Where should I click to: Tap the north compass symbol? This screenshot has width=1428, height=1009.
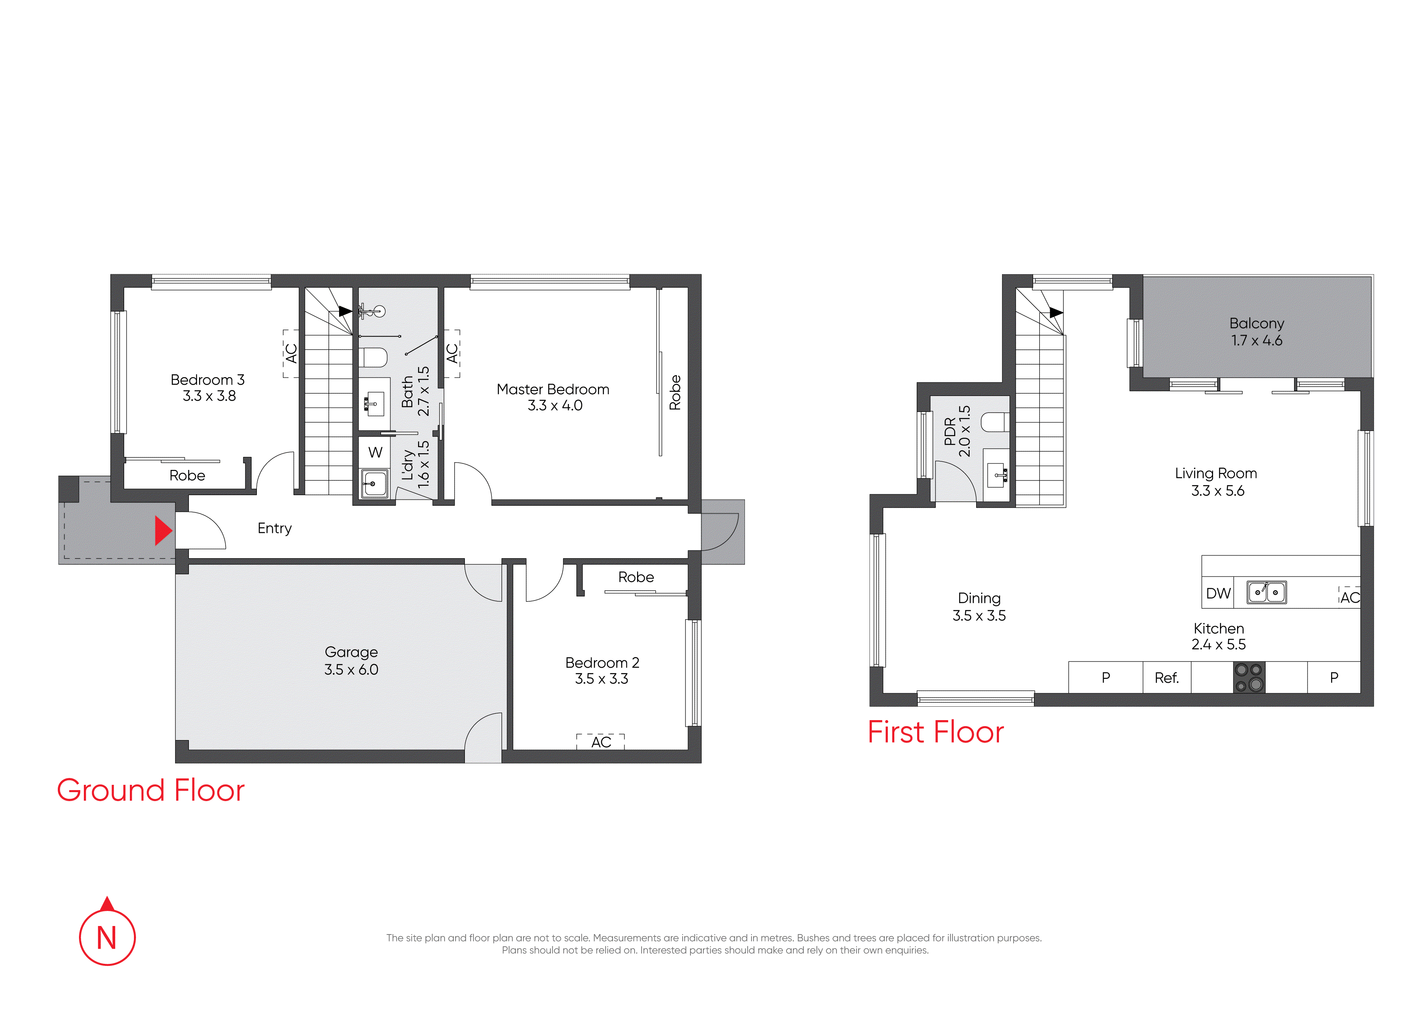(x=107, y=932)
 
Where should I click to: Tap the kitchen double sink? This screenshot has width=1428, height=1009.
(x=1267, y=592)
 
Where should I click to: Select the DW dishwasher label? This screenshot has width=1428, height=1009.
(x=1218, y=594)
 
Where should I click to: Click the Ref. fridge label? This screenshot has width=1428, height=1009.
(x=1167, y=678)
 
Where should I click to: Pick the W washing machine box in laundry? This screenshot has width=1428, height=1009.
(x=375, y=452)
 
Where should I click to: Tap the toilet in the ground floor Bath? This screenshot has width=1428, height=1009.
(x=373, y=358)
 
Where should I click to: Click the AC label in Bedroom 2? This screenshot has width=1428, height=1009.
(x=601, y=742)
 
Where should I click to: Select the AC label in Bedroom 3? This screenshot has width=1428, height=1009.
(x=291, y=353)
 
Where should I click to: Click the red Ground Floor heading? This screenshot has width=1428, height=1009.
(x=151, y=790)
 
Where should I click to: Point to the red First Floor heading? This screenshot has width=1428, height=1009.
(x=935, y=732)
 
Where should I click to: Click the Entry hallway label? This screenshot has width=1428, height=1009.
(x=274, y=529)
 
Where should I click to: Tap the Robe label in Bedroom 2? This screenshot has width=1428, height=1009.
(x=635, y=577)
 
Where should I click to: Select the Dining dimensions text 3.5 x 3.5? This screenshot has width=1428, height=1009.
(x=979, y=616)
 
